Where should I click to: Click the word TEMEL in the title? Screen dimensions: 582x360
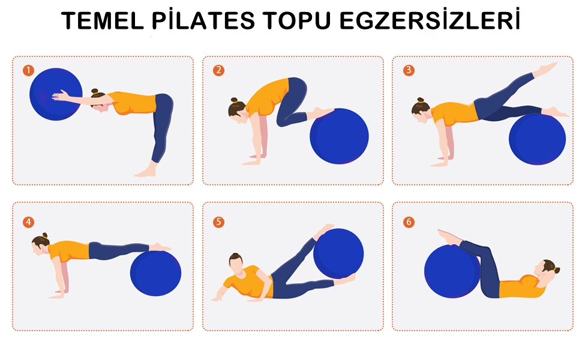tap(103, 21)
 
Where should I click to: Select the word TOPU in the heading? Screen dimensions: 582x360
tap(297, 21)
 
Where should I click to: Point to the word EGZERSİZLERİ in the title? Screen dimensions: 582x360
tap(430, 20)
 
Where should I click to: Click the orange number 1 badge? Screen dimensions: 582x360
tap(29, 70)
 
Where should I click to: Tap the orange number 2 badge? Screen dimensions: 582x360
tap(218, 70)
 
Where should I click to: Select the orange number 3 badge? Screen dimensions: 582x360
tap(409, 70)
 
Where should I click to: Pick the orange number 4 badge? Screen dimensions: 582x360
tap(29, 222)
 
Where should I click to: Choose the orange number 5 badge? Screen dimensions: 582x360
tap(218, 222)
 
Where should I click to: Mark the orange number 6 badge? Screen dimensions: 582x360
tap(409, 222)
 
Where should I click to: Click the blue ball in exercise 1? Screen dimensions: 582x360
tap(56, 94)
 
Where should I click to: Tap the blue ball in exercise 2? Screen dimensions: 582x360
tap(339, 136)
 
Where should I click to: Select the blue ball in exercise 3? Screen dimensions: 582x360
tap(537, 139)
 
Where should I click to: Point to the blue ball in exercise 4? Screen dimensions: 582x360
tap(155, 274)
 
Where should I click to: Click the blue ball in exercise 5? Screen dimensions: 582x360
tap(338, 253)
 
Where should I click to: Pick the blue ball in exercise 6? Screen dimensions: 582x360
tap(452, 271)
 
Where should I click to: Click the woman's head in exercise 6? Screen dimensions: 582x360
tap(547, 269)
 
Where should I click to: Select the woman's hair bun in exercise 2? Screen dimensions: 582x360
tap(234, 100)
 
